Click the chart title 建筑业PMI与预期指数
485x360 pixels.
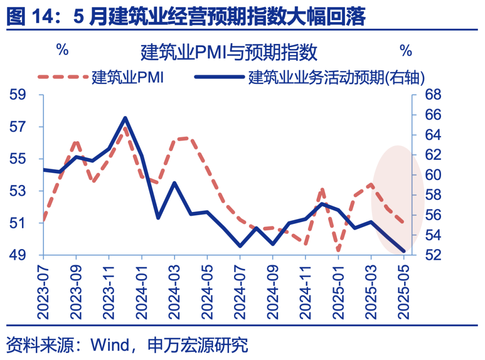229,53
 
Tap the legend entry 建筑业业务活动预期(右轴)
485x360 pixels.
336,77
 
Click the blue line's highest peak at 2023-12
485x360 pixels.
125,118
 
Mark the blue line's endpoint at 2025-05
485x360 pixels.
404,251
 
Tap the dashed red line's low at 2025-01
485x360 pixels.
338,250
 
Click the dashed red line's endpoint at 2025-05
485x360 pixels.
404,222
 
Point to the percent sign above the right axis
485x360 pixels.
406,51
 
